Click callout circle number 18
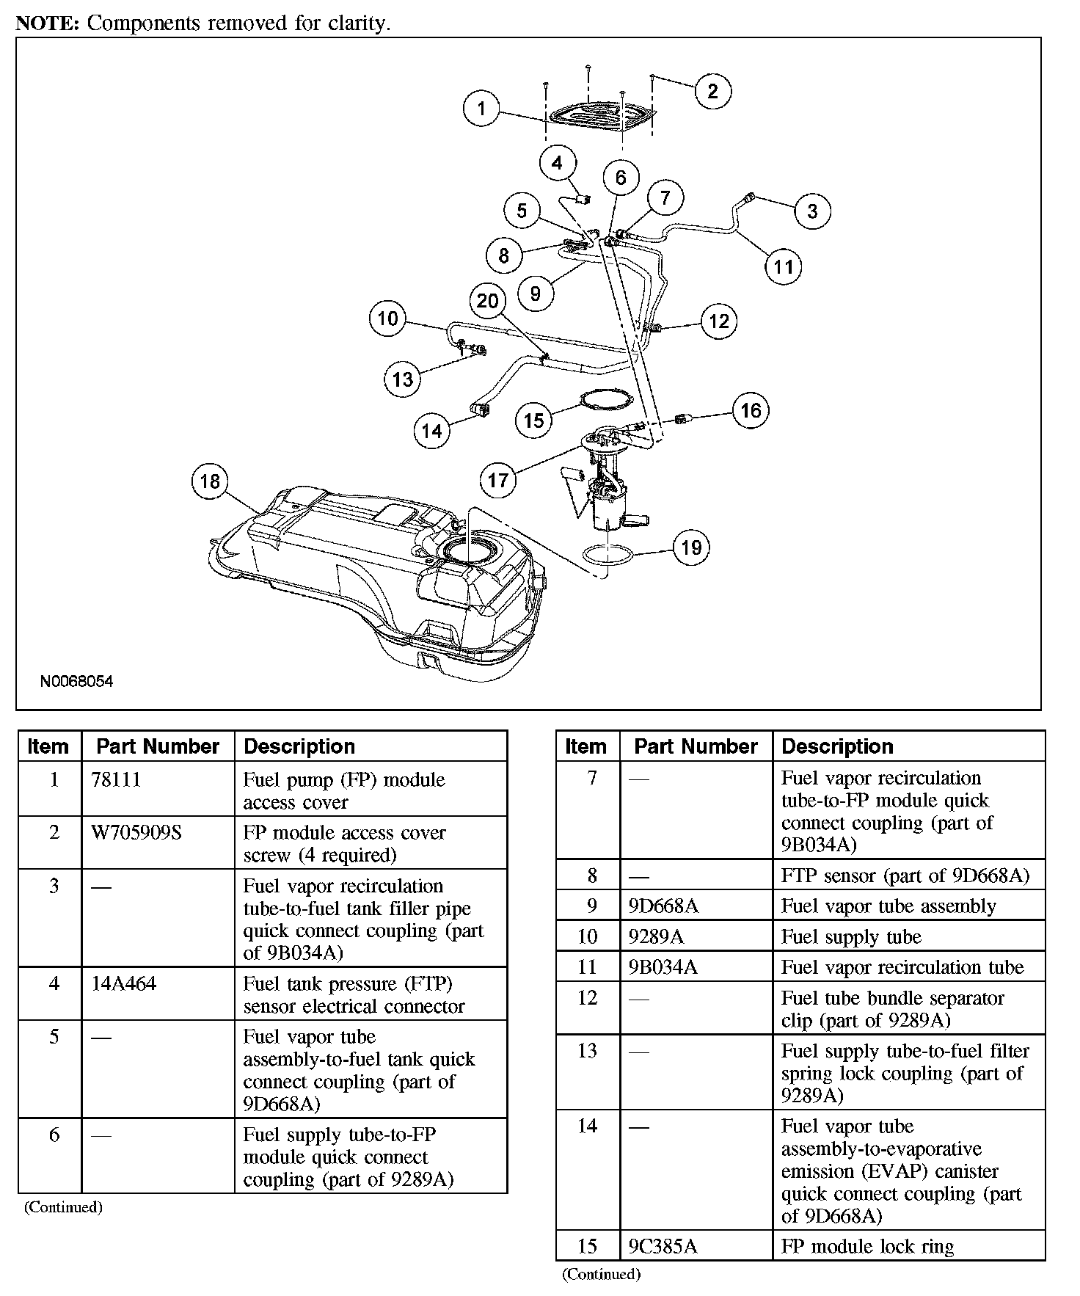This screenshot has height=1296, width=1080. [x=210, y=481]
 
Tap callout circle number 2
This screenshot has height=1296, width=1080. [x=712, y=91]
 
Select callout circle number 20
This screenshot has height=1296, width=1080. [x=487, y=301]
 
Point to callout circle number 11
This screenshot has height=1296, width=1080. [x=783, y=266]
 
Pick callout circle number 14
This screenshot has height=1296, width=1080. [x=431, y=430]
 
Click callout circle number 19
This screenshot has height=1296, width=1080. [x=691, y=547]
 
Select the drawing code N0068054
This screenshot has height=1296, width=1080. [x=77, y=681]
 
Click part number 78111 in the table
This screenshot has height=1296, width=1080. [x=116, y=779]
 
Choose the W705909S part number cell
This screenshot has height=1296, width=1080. [x=136, y=833]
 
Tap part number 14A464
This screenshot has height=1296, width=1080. [x=124, y=983]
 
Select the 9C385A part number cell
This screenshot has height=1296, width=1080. [x=663, y=1247]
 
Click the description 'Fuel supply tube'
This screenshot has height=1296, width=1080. [x=851, y=937]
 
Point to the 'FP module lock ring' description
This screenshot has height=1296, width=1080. [x=867, y=1247]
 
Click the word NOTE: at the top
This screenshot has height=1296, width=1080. [x=47, y=23]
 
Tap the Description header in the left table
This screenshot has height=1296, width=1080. [x=299, y=746]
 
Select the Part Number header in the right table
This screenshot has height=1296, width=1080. [x=696, y=746]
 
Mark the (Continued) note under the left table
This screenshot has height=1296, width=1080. [x=63, y=1207]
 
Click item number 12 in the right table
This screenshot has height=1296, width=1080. [x=588, y=998]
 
